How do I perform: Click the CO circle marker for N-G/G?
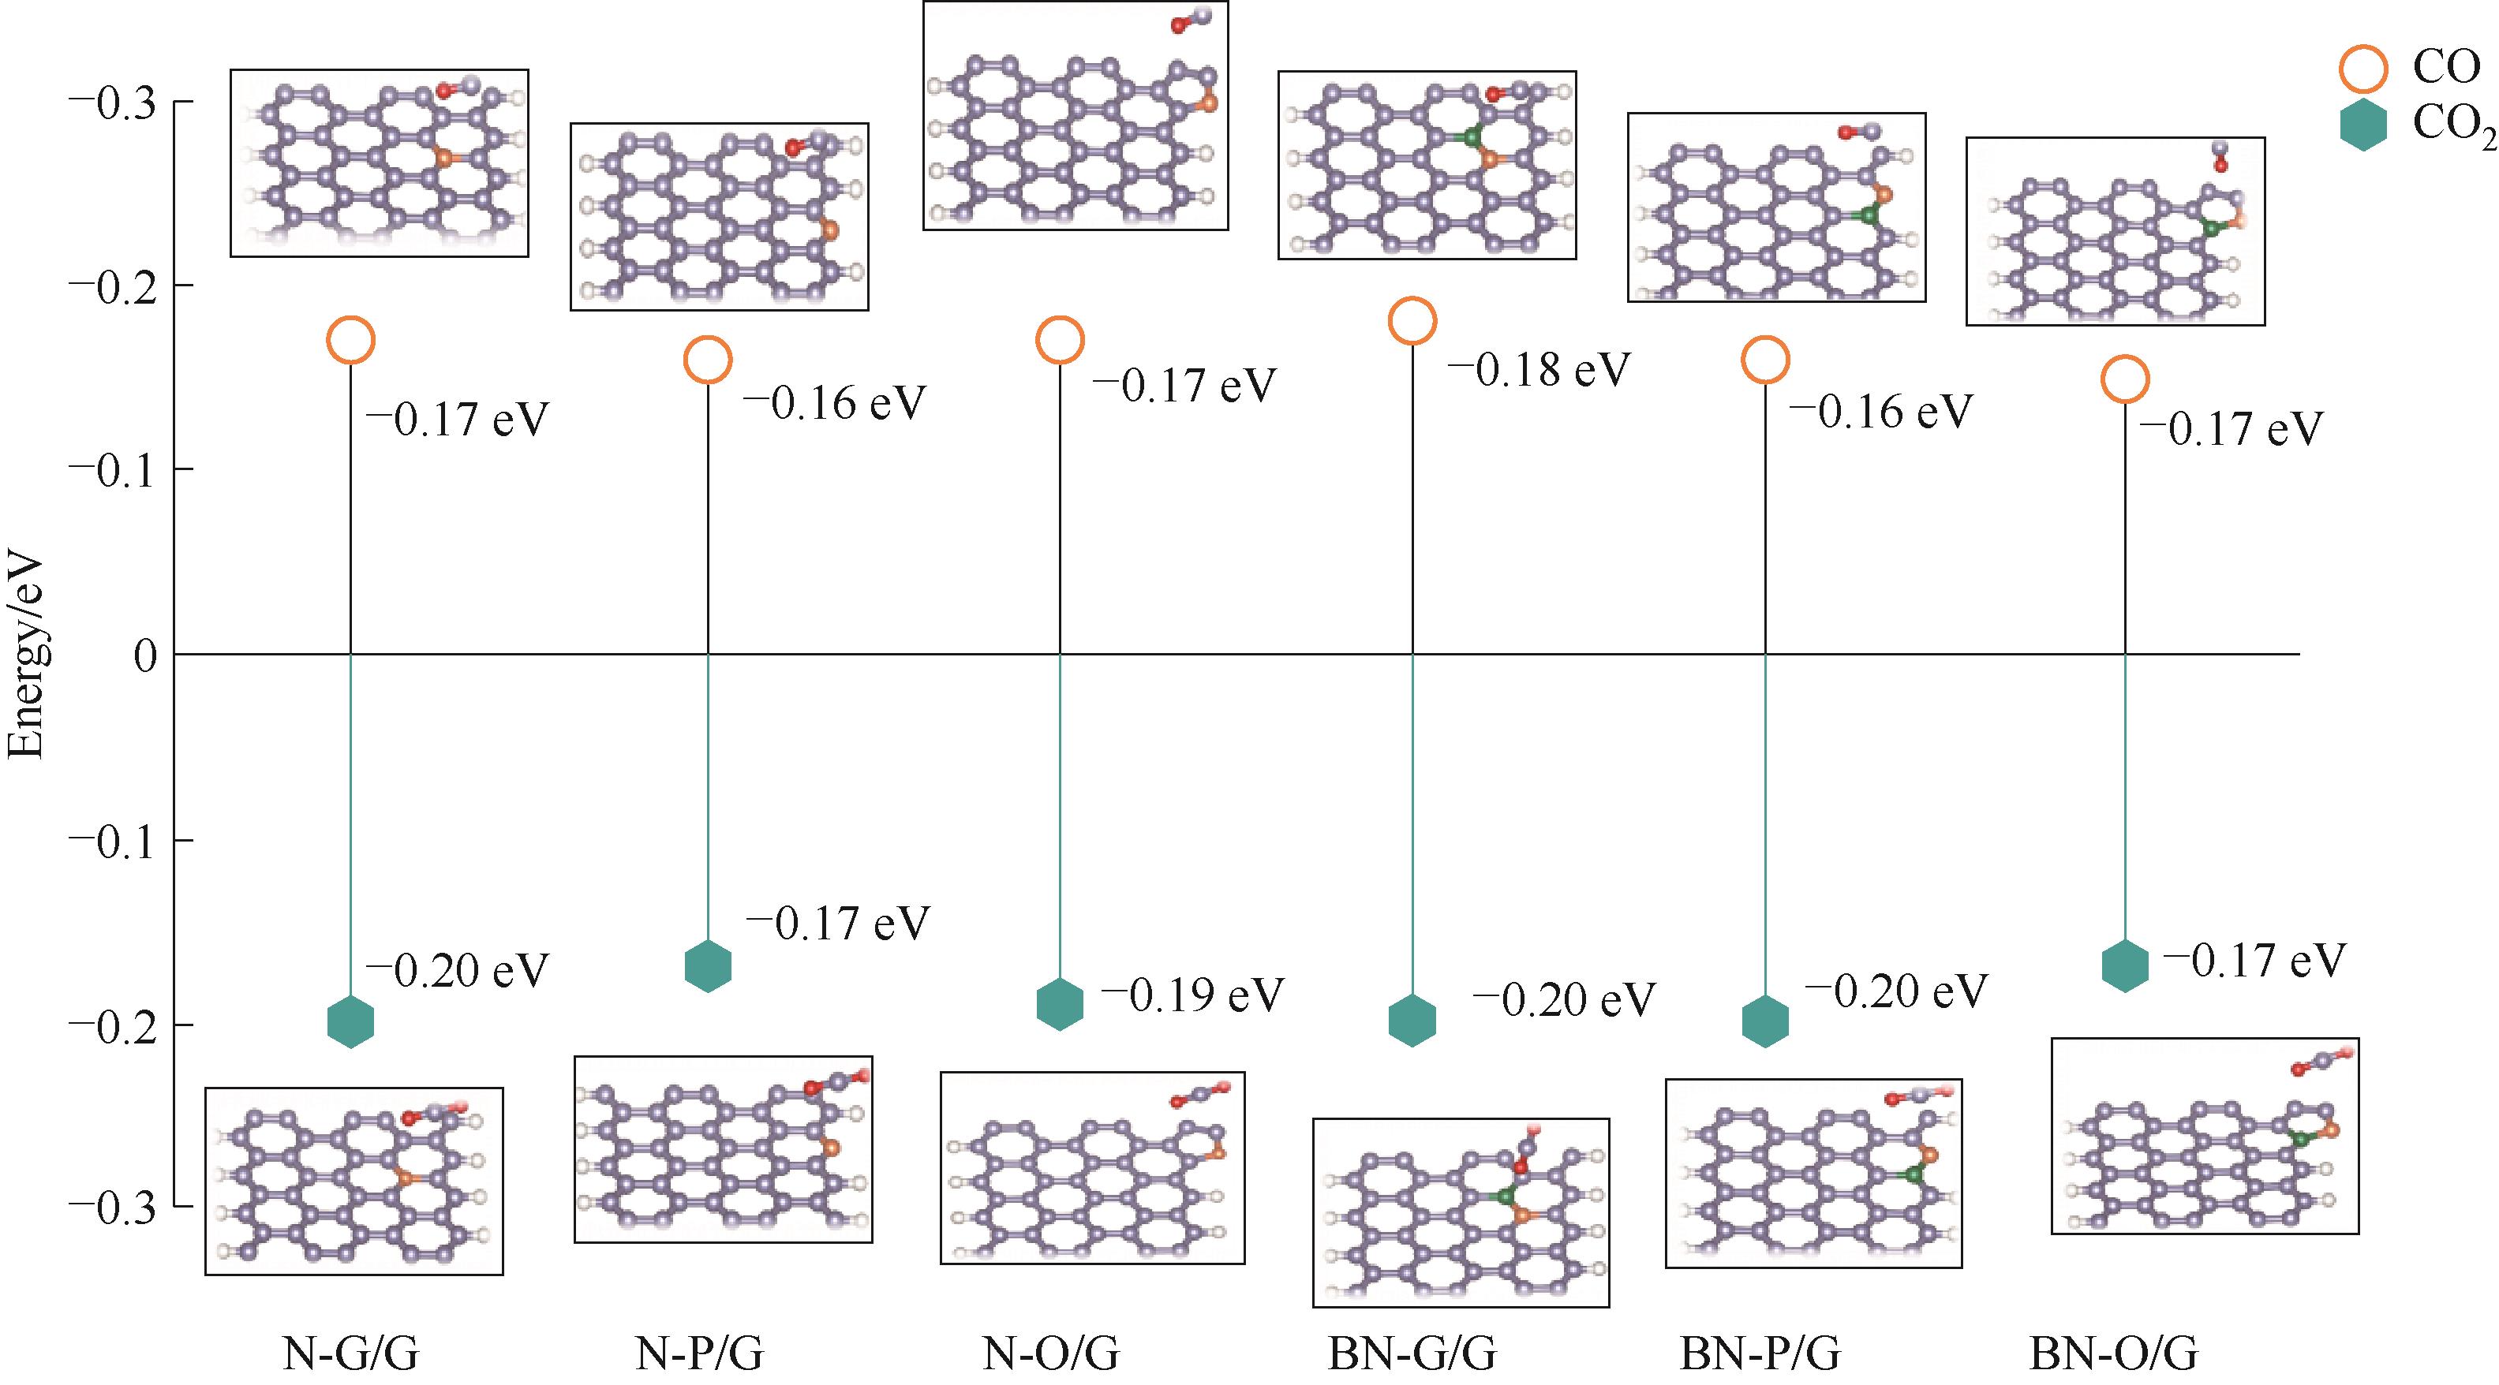coord(350,341)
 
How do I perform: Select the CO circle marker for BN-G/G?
coord(1412,321)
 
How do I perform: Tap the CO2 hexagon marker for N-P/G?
coord(707,965)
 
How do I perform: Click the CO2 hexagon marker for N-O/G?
coord(1060,1003)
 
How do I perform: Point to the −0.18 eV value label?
coord(1539,370)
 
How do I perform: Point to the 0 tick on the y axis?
coord(145,657)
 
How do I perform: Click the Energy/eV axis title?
coord(26,657)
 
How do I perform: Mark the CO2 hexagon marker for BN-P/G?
coord(1764,1021)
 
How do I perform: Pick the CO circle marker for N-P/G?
coord(707,360)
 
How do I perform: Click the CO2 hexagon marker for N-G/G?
coord(350,1021)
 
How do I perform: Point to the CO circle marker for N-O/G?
coord(1060,341)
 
